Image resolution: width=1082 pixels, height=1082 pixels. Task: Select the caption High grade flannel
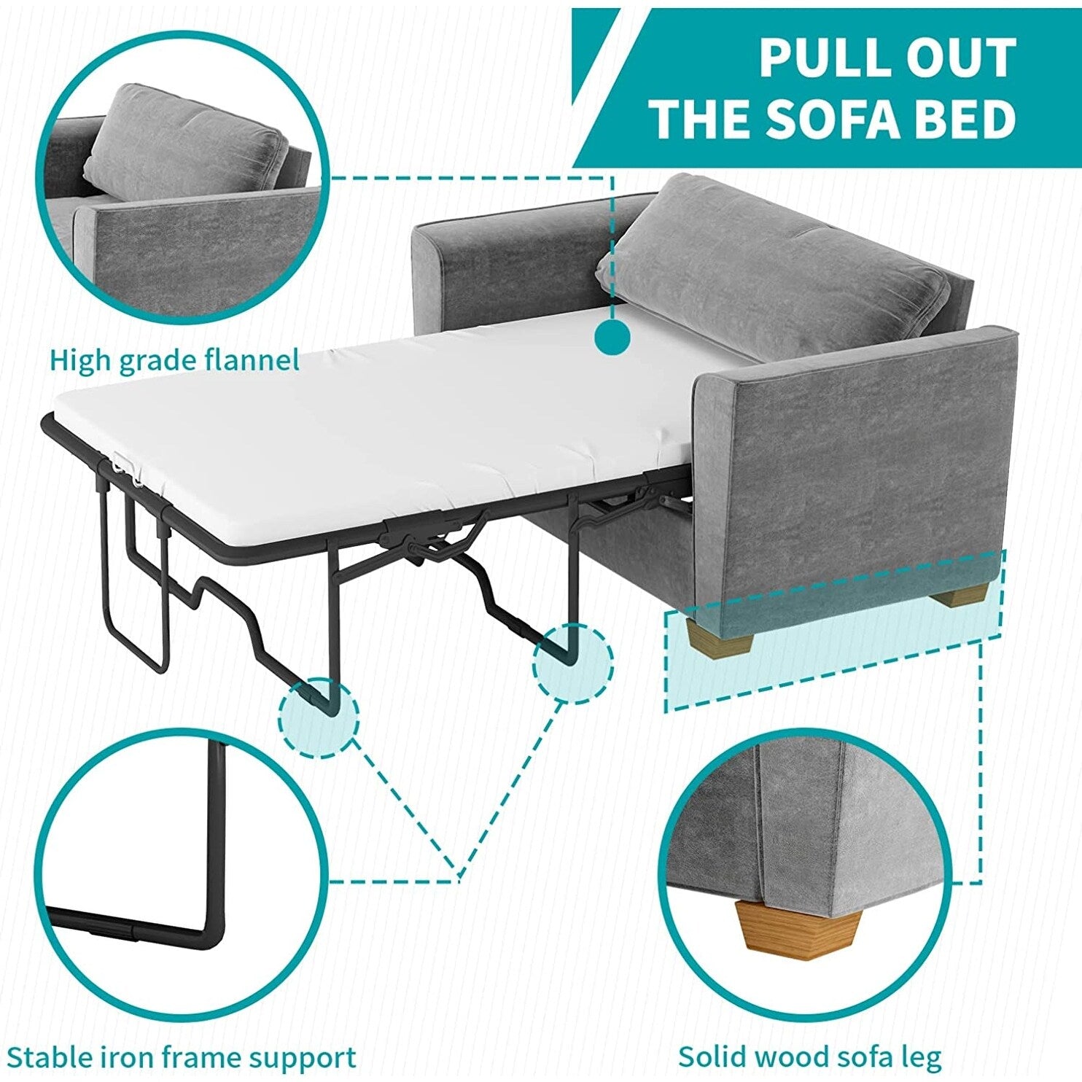pyautogui.click(x=174, y=361)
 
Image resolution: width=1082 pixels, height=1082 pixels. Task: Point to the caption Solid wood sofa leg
pyautogui.click(x=810, y=1055)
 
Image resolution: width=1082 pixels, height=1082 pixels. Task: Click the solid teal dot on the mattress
pyautogui.click(x=612, y=337)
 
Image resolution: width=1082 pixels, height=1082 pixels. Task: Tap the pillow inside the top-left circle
pyautogui.click(x=185, y=144)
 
